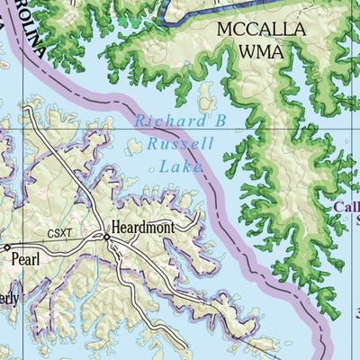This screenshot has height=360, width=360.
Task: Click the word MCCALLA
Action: (x=261, y=30)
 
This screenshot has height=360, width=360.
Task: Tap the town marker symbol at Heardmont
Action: (x=106, y=237)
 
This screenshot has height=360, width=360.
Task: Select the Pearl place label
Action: (x=26, y=258)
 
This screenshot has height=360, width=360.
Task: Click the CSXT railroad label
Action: (x=59, y=232)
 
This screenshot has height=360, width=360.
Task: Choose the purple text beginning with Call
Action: (x=346, y=207)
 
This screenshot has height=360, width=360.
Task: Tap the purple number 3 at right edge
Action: (x=356, y=313)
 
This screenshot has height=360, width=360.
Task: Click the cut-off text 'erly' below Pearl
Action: (x=9, y=299)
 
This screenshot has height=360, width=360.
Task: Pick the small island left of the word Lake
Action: (x=134, y=146)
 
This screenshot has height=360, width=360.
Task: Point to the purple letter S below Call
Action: (x=356, y=219)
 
